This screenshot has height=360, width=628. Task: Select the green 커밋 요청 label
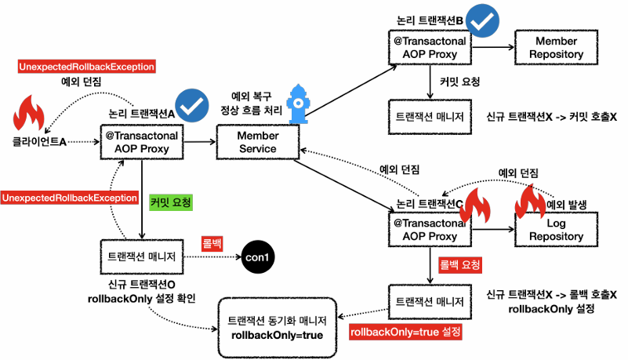point(170,201)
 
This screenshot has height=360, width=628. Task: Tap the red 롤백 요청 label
point(459,264)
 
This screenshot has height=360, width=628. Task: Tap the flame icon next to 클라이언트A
point(29,115)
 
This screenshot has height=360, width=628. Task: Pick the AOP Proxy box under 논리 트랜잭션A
point(141,142)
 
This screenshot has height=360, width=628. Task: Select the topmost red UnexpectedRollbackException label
point(86,67)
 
